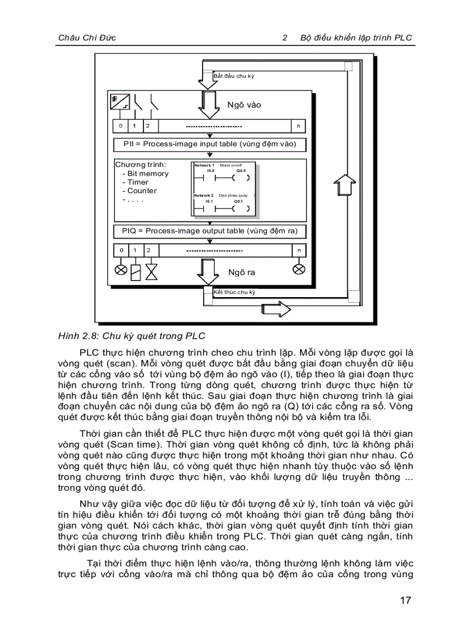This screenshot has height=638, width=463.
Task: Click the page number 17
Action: click(x=404, y=601)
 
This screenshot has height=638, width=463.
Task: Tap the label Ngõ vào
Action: click(x=244, y=105)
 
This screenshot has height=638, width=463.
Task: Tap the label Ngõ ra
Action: click(x=242, y=272)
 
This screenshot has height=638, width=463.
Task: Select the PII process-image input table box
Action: click(x=210, y=144)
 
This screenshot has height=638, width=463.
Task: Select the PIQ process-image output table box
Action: click(x=210, y=231)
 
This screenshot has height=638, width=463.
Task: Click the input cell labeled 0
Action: click(x=121, y=126)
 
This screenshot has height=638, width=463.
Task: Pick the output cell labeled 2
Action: click(x=148, y=251)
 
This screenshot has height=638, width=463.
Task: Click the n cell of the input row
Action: click(x=298, y=126)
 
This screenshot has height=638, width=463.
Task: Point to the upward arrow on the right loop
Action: click(x=341, y=186)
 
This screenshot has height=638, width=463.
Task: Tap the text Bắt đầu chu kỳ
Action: click(x=234, y=76)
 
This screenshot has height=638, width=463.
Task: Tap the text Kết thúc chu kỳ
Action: click(x=234, y=292)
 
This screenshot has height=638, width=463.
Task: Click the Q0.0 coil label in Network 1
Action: click(x=241, y=170)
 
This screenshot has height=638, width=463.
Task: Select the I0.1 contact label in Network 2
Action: click(x=209, y=201)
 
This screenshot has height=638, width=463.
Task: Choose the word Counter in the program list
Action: click(x=142, y=191)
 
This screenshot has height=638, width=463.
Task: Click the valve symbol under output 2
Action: click(x=151, y=272)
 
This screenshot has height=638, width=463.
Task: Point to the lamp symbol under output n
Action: click(x=298, y=269)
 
